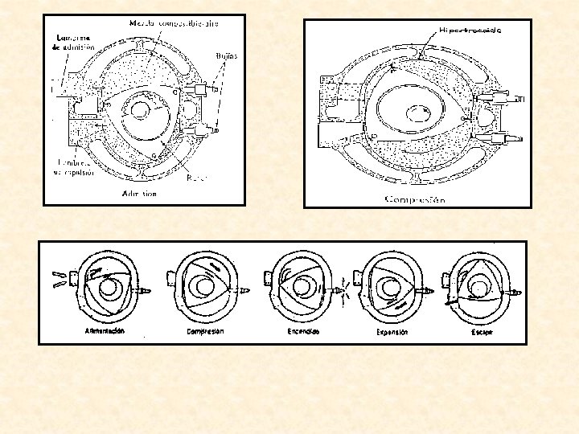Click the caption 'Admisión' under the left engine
(x=139, y=194)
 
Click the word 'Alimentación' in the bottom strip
(x=105, y=331)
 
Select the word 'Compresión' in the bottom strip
(x=204, y=331)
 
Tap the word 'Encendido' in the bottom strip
(x=303, y=331)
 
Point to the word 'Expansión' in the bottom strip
(x=392, y=332)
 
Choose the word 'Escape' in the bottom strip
(x=483, y=331)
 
